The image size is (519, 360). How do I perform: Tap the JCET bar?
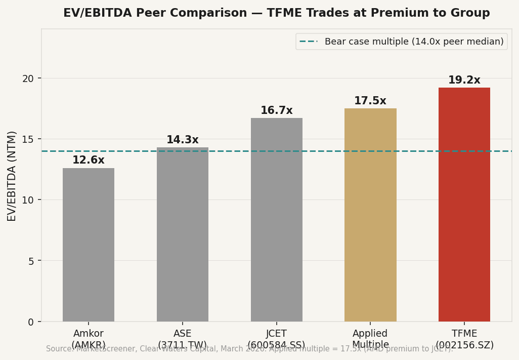[x=276, y=220]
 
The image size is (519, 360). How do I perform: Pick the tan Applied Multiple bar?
[x=370, y=215]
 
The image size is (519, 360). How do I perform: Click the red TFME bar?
[x=464, y=205]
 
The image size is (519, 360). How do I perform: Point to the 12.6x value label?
[x=89, y=161]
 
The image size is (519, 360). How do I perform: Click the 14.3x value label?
[x=182, y=140]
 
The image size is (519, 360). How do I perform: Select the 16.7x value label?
[x=276, y=111]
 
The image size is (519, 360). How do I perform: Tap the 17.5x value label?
[x=370, y=101]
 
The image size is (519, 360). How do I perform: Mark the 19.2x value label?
[x=464, y=81]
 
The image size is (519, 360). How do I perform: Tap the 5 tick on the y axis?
[x=31, y=261]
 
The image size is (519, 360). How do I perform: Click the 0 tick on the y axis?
[x=31, y=322]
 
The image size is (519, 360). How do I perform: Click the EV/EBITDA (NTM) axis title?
[x=12, y=176]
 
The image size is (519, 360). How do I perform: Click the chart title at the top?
[x=276, y=13]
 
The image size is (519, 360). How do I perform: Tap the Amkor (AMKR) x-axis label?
[x=89, y=339]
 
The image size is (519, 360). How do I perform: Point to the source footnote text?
[x=249, y=349]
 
